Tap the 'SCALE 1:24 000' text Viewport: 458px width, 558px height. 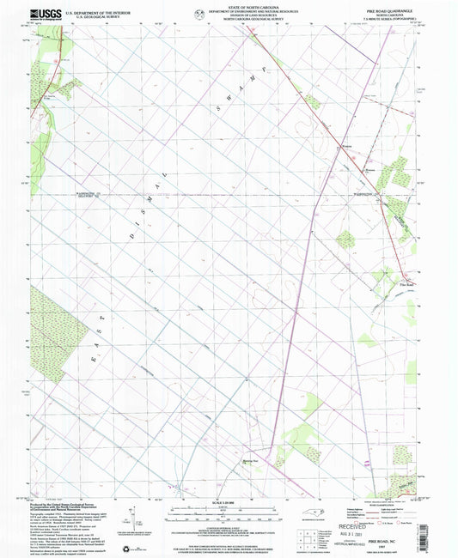[229, 501]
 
